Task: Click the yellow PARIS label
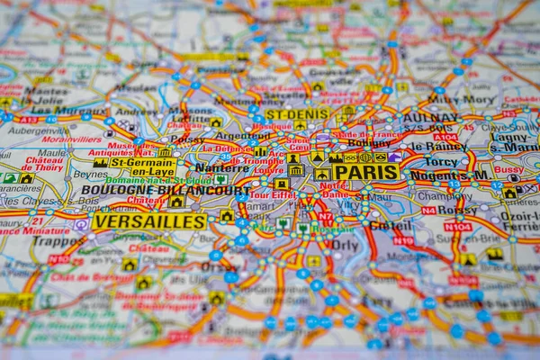tap(365, 172)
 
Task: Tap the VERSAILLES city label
tap(149, 220)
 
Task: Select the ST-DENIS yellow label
tap(298, 114)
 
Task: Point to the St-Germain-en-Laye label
tap(143, 166)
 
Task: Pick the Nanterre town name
tap(221, 167)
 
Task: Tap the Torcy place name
tap(441, 162)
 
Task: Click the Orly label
tap(344, 244)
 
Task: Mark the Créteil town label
tap(391, 225)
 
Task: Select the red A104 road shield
tap(445, 137)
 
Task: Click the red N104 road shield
tap(457, 227)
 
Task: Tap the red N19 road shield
tap(403, 240)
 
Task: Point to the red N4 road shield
tap(428, 211)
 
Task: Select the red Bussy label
tap(508, 169)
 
